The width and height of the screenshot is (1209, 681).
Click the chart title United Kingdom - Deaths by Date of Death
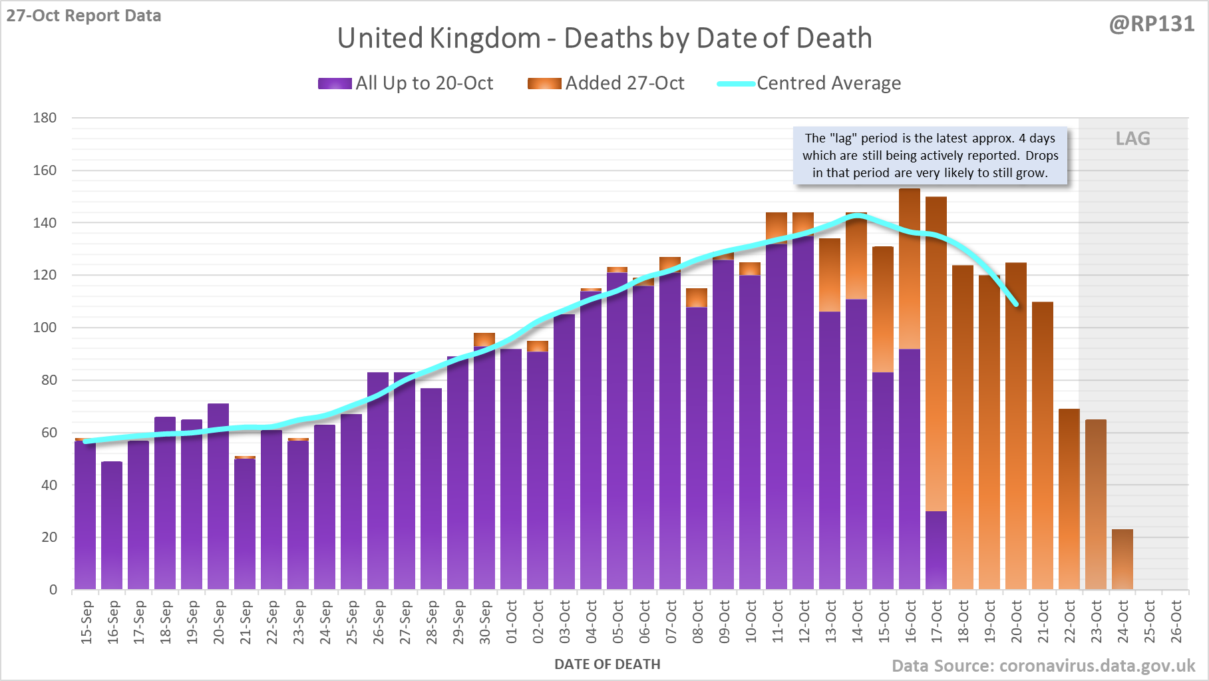(x=604, y=38)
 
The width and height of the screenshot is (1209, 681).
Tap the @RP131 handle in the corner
(x=1151, y=24)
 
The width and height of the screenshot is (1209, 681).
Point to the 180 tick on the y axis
(x=45, y=118)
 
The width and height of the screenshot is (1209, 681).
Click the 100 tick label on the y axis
(x=45, y=328)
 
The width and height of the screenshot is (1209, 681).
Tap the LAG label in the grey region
(x=1132, y=138)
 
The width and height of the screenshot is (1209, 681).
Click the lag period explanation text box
(x=930, y=156)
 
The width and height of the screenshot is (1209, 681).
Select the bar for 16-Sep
(x=112, y=526)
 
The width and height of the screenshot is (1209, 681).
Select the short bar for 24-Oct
(x=1123, y=560)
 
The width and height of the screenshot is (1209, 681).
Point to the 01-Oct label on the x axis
(x=511, y=622)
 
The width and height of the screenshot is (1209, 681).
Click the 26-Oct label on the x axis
(x=1176, y=622)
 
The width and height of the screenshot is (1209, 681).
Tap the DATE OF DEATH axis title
(x=607, y=664)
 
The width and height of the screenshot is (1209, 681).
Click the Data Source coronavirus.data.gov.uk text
(x=1043, y=666)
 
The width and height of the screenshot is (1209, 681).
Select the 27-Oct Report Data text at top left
(x=84, y=15)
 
